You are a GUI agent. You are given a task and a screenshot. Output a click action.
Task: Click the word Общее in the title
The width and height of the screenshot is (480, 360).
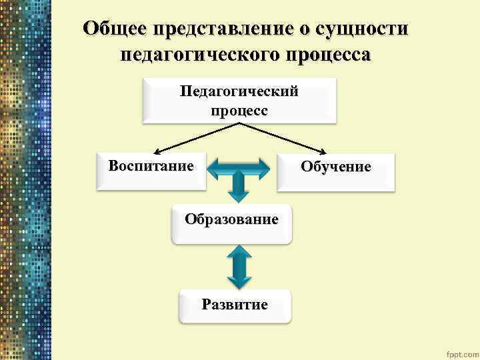[115, 29]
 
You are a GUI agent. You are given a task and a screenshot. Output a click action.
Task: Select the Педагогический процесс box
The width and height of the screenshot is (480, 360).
[239, 101]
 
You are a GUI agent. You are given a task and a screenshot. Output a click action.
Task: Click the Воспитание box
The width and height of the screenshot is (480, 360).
[151, 171]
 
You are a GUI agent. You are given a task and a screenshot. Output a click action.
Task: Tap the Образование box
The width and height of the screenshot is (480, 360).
[231, 224]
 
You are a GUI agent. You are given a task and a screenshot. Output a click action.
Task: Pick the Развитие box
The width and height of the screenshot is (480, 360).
[235, 306]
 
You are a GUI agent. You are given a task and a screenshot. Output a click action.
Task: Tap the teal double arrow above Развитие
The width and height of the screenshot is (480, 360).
[239, 266]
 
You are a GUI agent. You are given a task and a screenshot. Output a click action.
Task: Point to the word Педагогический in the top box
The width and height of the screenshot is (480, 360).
[239, 93]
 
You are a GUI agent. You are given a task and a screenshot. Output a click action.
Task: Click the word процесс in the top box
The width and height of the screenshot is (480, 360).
[239, 111]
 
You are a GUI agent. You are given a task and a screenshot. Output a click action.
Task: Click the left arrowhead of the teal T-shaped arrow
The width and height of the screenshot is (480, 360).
[213, 169]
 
